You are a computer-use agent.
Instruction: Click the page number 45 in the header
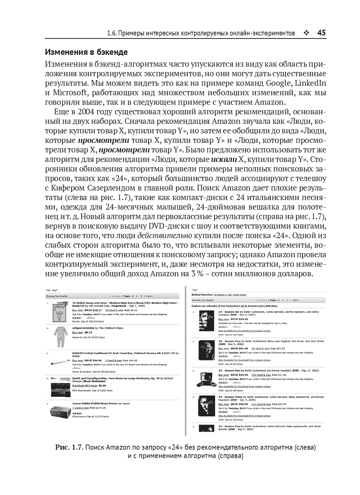pyautogui.click(x=321, y=33)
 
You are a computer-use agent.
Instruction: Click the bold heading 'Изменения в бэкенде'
pyautogui.click(x=86, y=52)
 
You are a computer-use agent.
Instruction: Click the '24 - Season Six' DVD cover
pyautogui.click(x=206, y=321)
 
